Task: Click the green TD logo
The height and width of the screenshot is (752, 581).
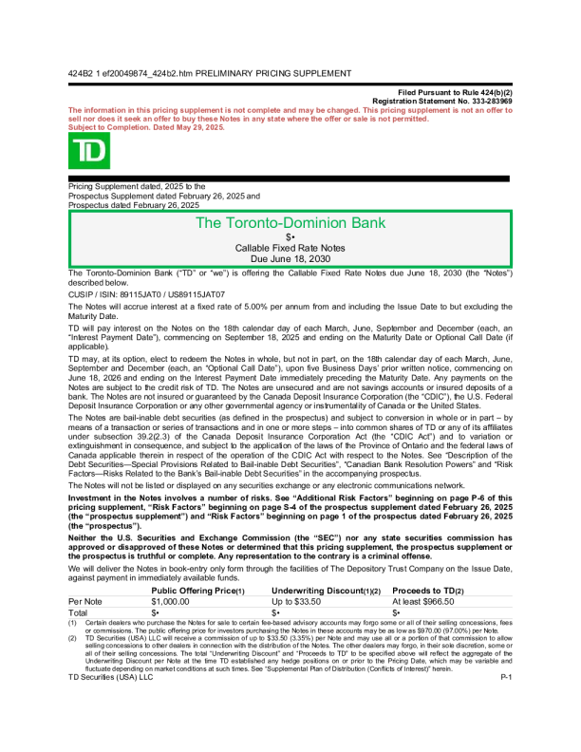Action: (x=89, y=151)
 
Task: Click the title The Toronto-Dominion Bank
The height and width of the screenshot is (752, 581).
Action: (x=290, y=223)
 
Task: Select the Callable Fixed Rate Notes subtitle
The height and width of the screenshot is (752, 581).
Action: (x=290, y=247)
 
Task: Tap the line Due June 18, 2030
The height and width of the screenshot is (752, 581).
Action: (x=290, y=257)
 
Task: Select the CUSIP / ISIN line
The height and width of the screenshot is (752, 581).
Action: (x=146, y=295)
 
